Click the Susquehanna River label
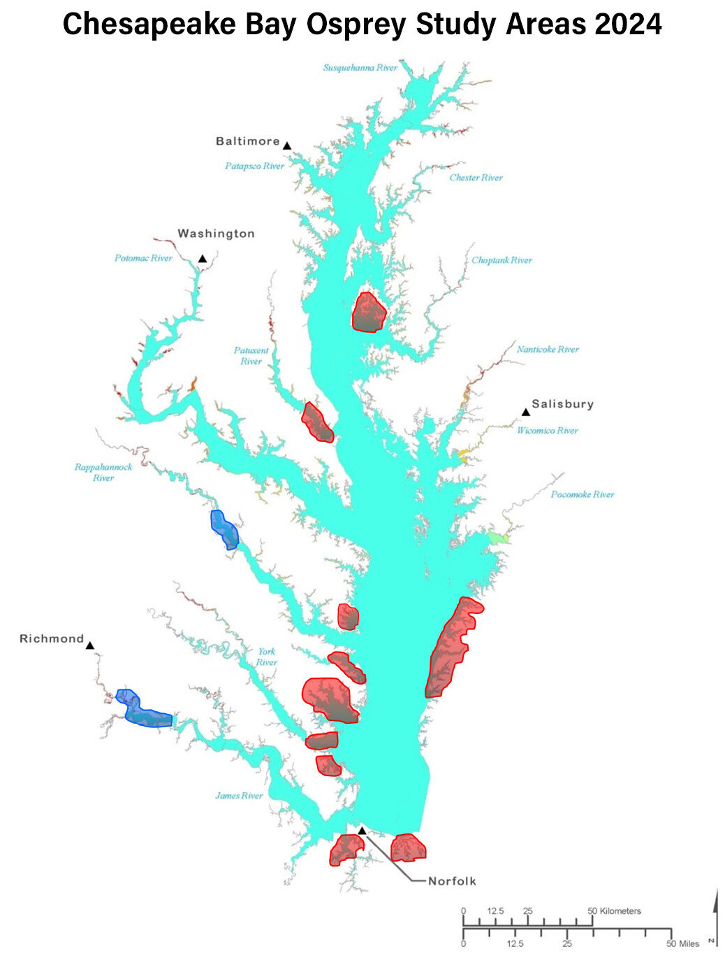[360, 68]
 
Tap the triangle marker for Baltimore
[286, 145]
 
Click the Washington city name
[216, 234]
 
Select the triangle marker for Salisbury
[526, 412]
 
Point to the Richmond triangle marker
[89, 645]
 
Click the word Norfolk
[452, 881]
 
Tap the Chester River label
[476, 178]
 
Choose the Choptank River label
[501, 260]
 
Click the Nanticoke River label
[548, 349]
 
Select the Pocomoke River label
[583, 494]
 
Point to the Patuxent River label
[251, 356]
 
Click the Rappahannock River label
[103, 472]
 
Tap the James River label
[239, 796]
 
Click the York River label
[266, 657]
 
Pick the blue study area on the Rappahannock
[224, 529]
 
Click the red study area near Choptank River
[368, 313]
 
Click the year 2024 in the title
[628, 24]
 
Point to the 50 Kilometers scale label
[614, 910]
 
